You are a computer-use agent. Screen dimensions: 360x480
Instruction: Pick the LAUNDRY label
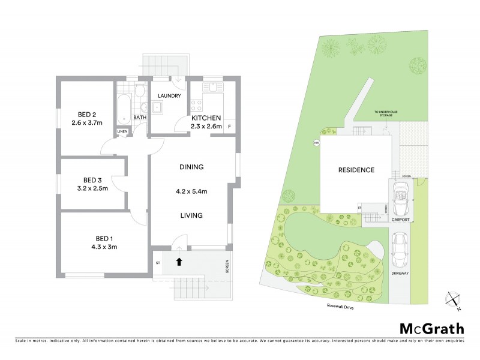coord(169,96)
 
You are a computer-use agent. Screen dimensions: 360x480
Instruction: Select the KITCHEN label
coord(206,118)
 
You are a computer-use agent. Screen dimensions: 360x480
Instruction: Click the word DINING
coord(191,167)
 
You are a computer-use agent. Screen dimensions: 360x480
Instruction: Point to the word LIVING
coord(191,215)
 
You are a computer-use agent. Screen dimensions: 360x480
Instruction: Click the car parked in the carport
coord(400,196)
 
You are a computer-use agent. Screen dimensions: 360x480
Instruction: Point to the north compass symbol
coord(454,301)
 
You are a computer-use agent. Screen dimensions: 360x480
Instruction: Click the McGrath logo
coord(431,328)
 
